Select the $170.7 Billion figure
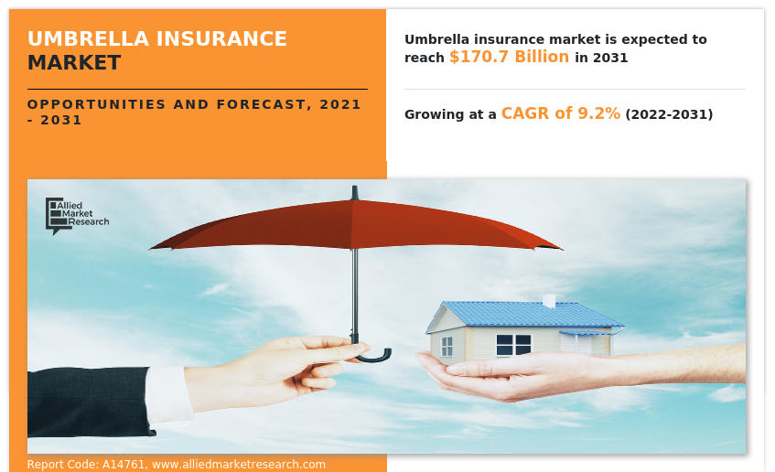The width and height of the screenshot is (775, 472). click(509, 57)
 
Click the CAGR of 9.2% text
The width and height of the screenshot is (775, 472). click(560, 113)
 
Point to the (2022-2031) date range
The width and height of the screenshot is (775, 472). click(668, 114)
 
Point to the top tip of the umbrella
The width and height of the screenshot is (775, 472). click(354, 191)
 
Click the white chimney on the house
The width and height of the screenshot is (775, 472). click(549, 300)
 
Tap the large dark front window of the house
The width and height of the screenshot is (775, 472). click(513, 345)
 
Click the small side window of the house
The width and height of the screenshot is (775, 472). click(447, 347)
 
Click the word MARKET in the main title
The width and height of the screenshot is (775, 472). click(73, 63)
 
